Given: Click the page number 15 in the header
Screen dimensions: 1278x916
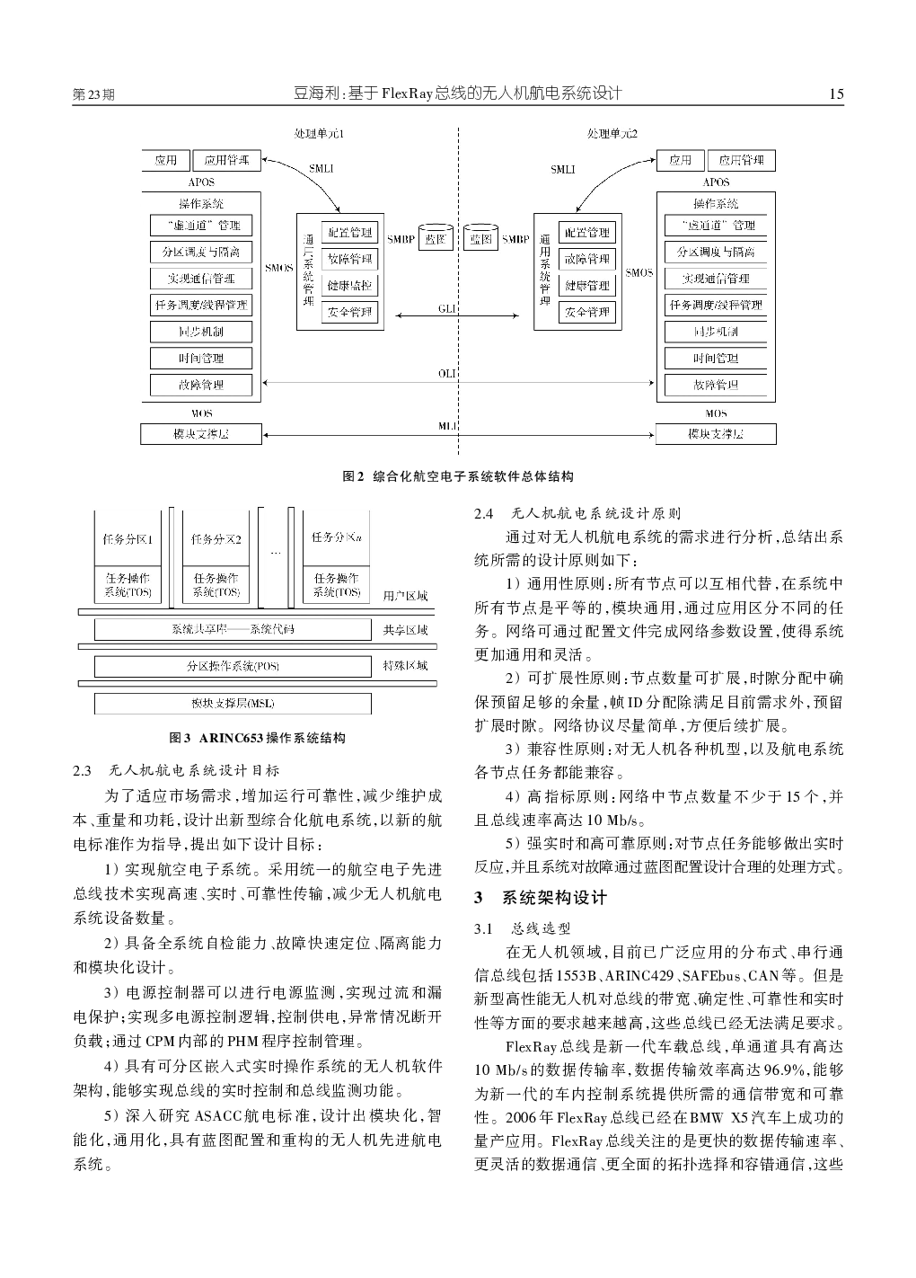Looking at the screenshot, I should [836, 93].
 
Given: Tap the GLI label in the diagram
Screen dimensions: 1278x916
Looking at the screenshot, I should [447, 308].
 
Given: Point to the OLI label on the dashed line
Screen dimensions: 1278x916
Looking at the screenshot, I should [447, 374].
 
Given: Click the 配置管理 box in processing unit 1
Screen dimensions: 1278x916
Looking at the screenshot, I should [349, 233].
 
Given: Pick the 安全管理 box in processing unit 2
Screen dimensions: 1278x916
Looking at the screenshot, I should [587, 313].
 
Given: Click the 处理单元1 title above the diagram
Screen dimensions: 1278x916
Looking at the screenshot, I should [319, 133].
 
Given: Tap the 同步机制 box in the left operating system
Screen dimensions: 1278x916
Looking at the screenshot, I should [201, 332].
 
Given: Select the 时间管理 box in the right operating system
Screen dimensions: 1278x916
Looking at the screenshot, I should [716, 359].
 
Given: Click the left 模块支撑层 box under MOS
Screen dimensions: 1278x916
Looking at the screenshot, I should [201, 434].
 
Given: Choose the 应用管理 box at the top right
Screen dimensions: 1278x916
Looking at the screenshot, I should [741, 160].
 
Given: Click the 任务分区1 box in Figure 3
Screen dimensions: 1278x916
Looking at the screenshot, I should [128, 539].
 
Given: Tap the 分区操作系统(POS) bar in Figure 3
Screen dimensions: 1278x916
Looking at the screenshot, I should [233, 667].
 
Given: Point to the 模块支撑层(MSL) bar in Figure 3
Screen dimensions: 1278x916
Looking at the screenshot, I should [233, 703].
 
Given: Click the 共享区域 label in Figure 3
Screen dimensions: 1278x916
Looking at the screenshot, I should [405, 631].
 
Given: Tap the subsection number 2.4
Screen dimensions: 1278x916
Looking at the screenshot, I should [484, 514].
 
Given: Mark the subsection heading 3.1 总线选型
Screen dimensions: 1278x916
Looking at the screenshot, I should [523, 927].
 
